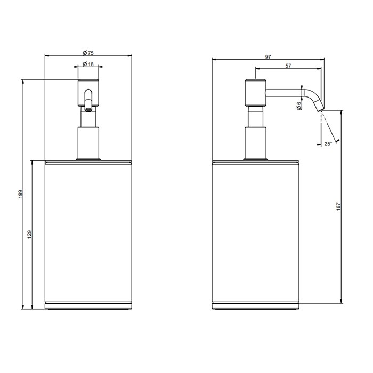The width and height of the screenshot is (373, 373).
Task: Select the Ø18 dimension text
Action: click(x=88, y=64)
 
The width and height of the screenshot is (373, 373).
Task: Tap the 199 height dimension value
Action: click(x=20, y=195)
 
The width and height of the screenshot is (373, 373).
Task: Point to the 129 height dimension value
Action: click(x=30, y=234)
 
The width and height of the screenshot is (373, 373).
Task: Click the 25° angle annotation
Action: click(x=328, y=143)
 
